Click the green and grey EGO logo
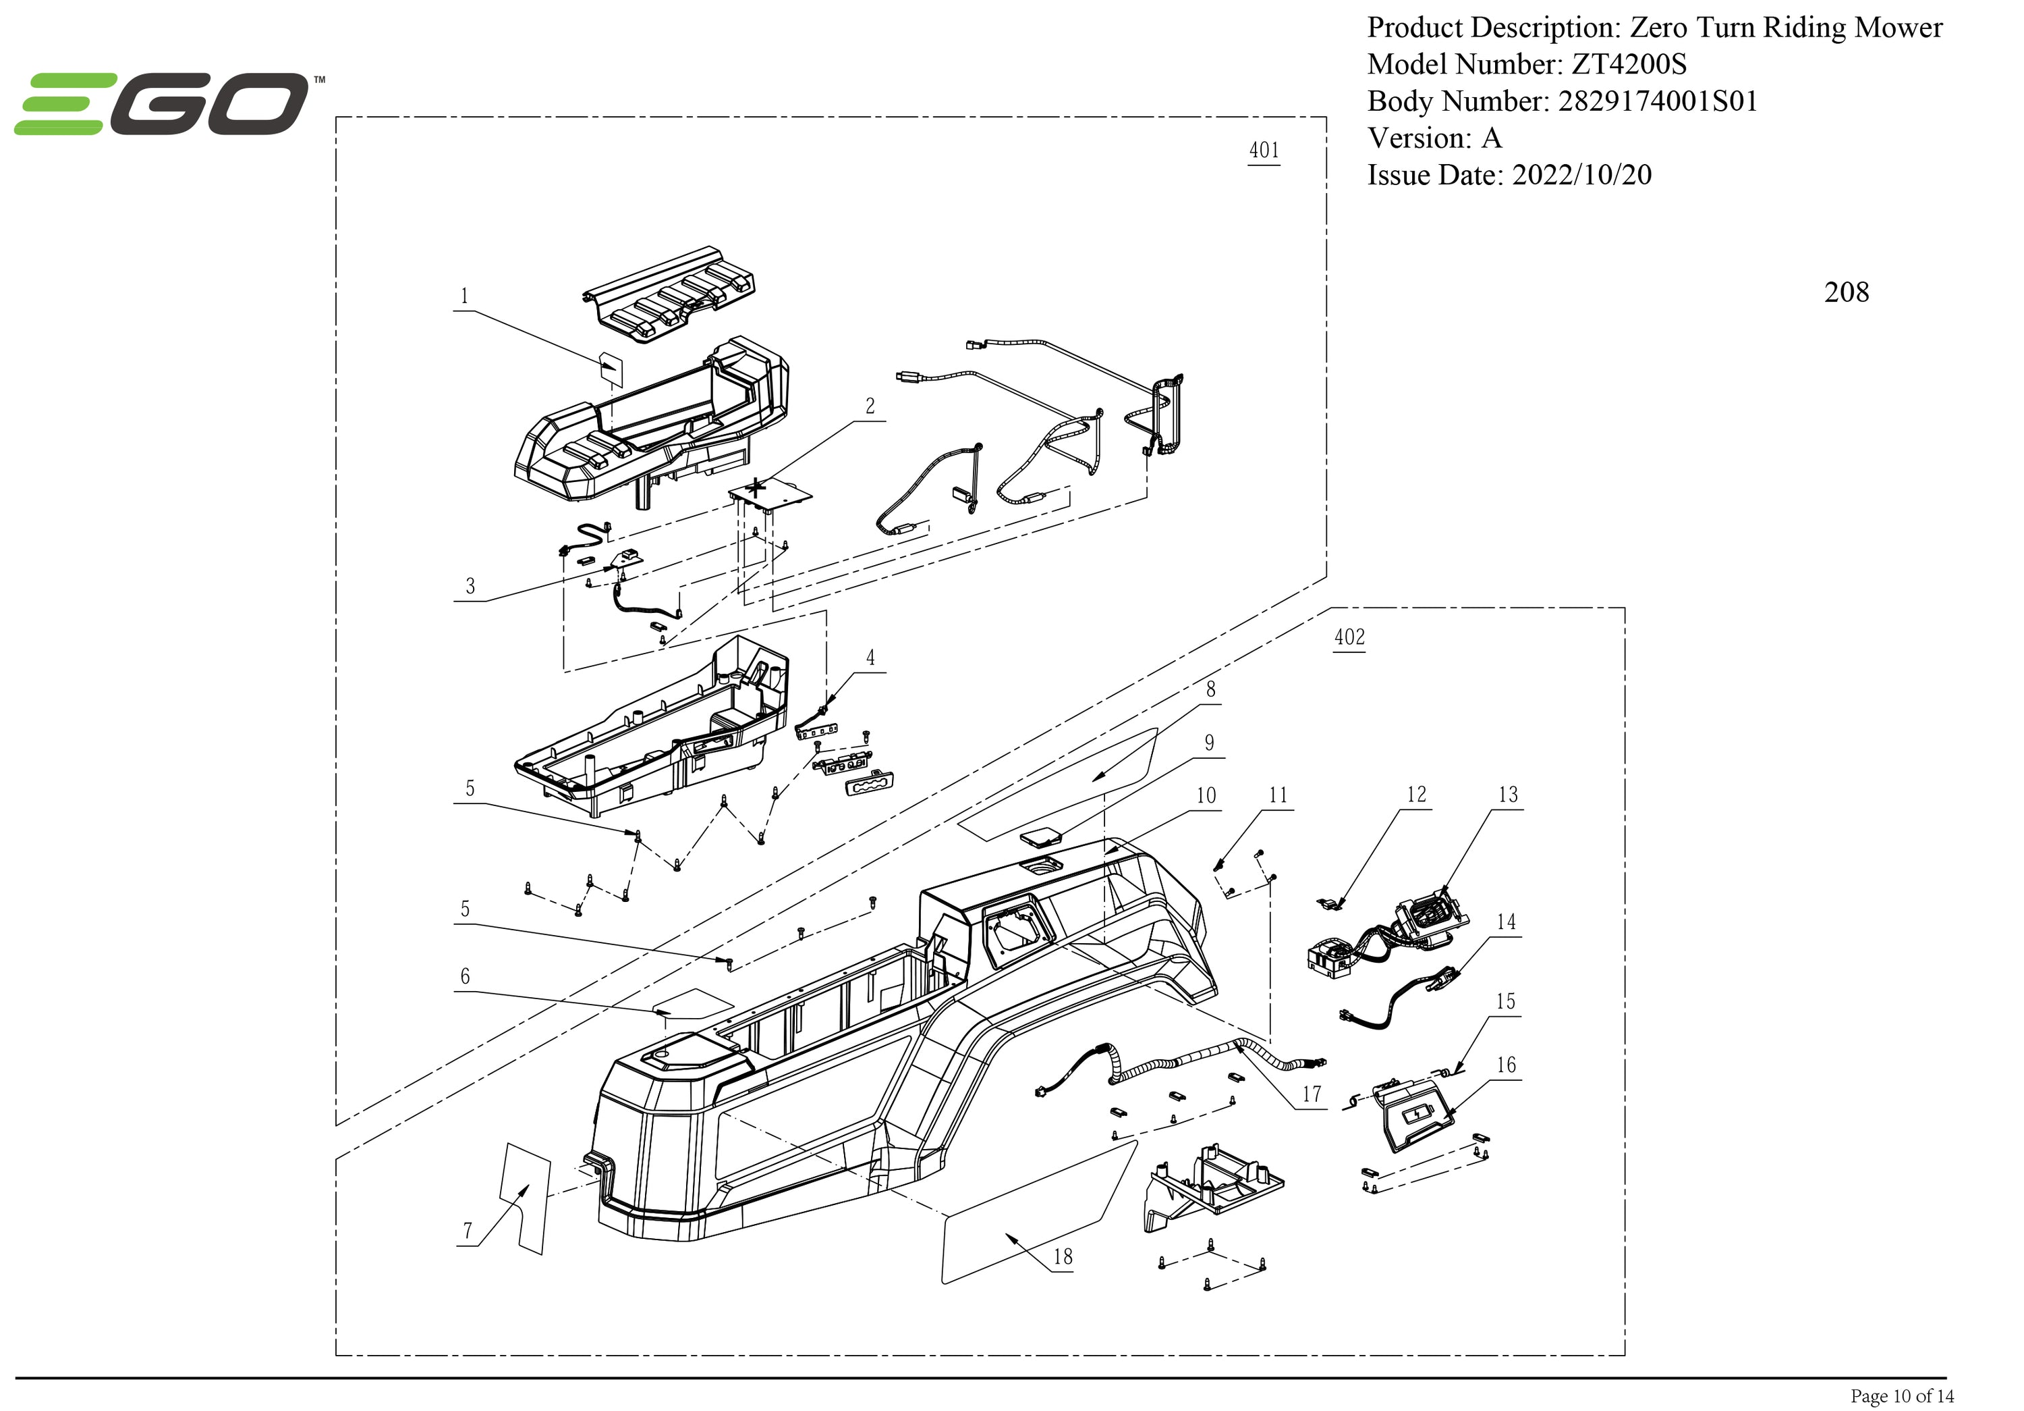coord(163,104)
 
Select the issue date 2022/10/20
coord(1581,175)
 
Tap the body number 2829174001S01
coord(1657,101)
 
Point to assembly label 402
coord(1349,637)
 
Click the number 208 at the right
coord(1846,292)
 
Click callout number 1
coord(465,296)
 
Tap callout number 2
coord(870,406)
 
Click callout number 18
coord(1063,1256)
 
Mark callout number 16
coord(1506,1065)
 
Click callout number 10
coord(1206,795)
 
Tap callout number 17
coord(1312,1094)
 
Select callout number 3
coord(470,587)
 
